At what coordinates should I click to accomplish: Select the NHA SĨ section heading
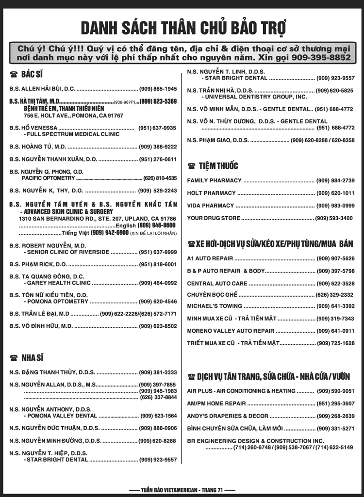pyautogui.click(x=32, y=358)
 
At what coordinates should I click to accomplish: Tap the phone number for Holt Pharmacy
pyautogui.click(x=335, y=193)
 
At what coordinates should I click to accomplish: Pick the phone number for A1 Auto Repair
pyautogui.click(x=335, y=258)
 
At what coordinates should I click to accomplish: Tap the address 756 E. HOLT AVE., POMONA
pyautogui.click(x=73, y=116)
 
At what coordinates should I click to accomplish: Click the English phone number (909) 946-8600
pyautogui.click(x=156, y=225)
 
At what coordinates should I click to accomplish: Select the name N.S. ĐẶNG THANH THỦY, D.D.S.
pyautogui.click(x=52, y=372)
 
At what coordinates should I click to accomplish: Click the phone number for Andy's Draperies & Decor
pyautogui.click(x=335, y=416)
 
